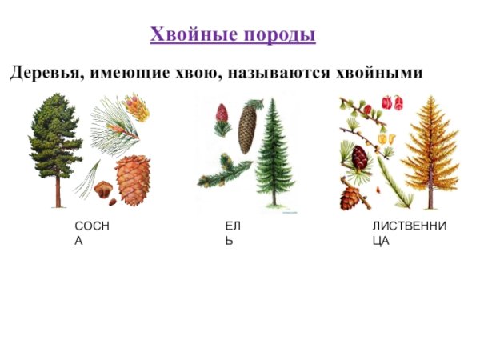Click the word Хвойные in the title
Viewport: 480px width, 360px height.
pos(188,35)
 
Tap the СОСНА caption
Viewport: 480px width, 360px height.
pos(91,233)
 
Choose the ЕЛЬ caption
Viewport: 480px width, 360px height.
pos(233,233)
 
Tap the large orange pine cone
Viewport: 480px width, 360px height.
pos(133,179)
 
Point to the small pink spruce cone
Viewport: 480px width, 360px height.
pos(222,113)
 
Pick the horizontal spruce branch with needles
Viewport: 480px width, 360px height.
pos(226,170)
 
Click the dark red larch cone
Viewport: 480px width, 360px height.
pos(360,157)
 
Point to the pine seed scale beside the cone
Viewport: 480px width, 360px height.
pos(102,189)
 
